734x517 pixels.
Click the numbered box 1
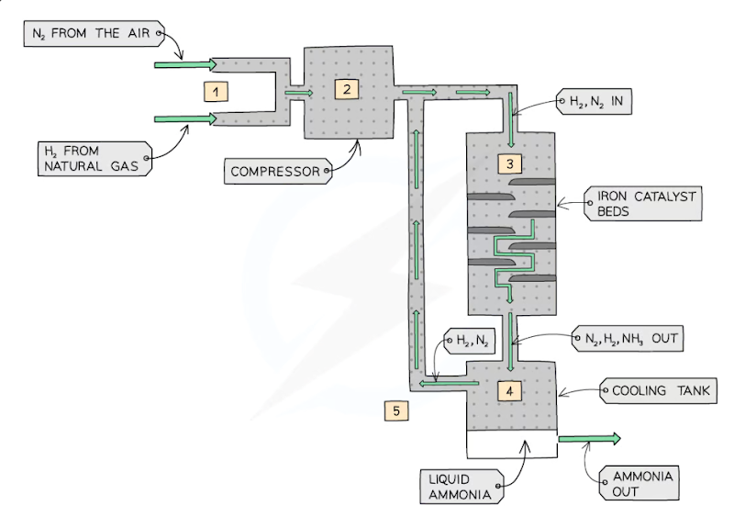215,91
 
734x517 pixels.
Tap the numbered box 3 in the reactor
510,164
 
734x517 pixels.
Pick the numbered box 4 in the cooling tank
510,389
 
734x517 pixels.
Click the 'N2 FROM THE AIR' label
93,35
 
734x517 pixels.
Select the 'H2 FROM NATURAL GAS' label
92,158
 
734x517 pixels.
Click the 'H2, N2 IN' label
595,102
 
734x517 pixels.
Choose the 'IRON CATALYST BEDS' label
642,203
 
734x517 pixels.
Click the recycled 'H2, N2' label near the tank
470,342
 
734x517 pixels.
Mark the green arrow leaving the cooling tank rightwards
588,440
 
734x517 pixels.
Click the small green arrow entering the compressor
298,92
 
